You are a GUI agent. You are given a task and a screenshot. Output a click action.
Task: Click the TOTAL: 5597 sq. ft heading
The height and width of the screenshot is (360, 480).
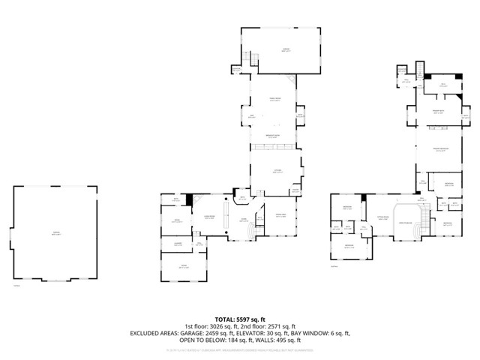[239, 319]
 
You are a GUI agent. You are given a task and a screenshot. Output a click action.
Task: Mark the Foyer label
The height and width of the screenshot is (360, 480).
[244, 220]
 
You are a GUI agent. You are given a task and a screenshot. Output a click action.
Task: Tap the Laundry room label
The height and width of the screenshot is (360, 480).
[178, 244]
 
